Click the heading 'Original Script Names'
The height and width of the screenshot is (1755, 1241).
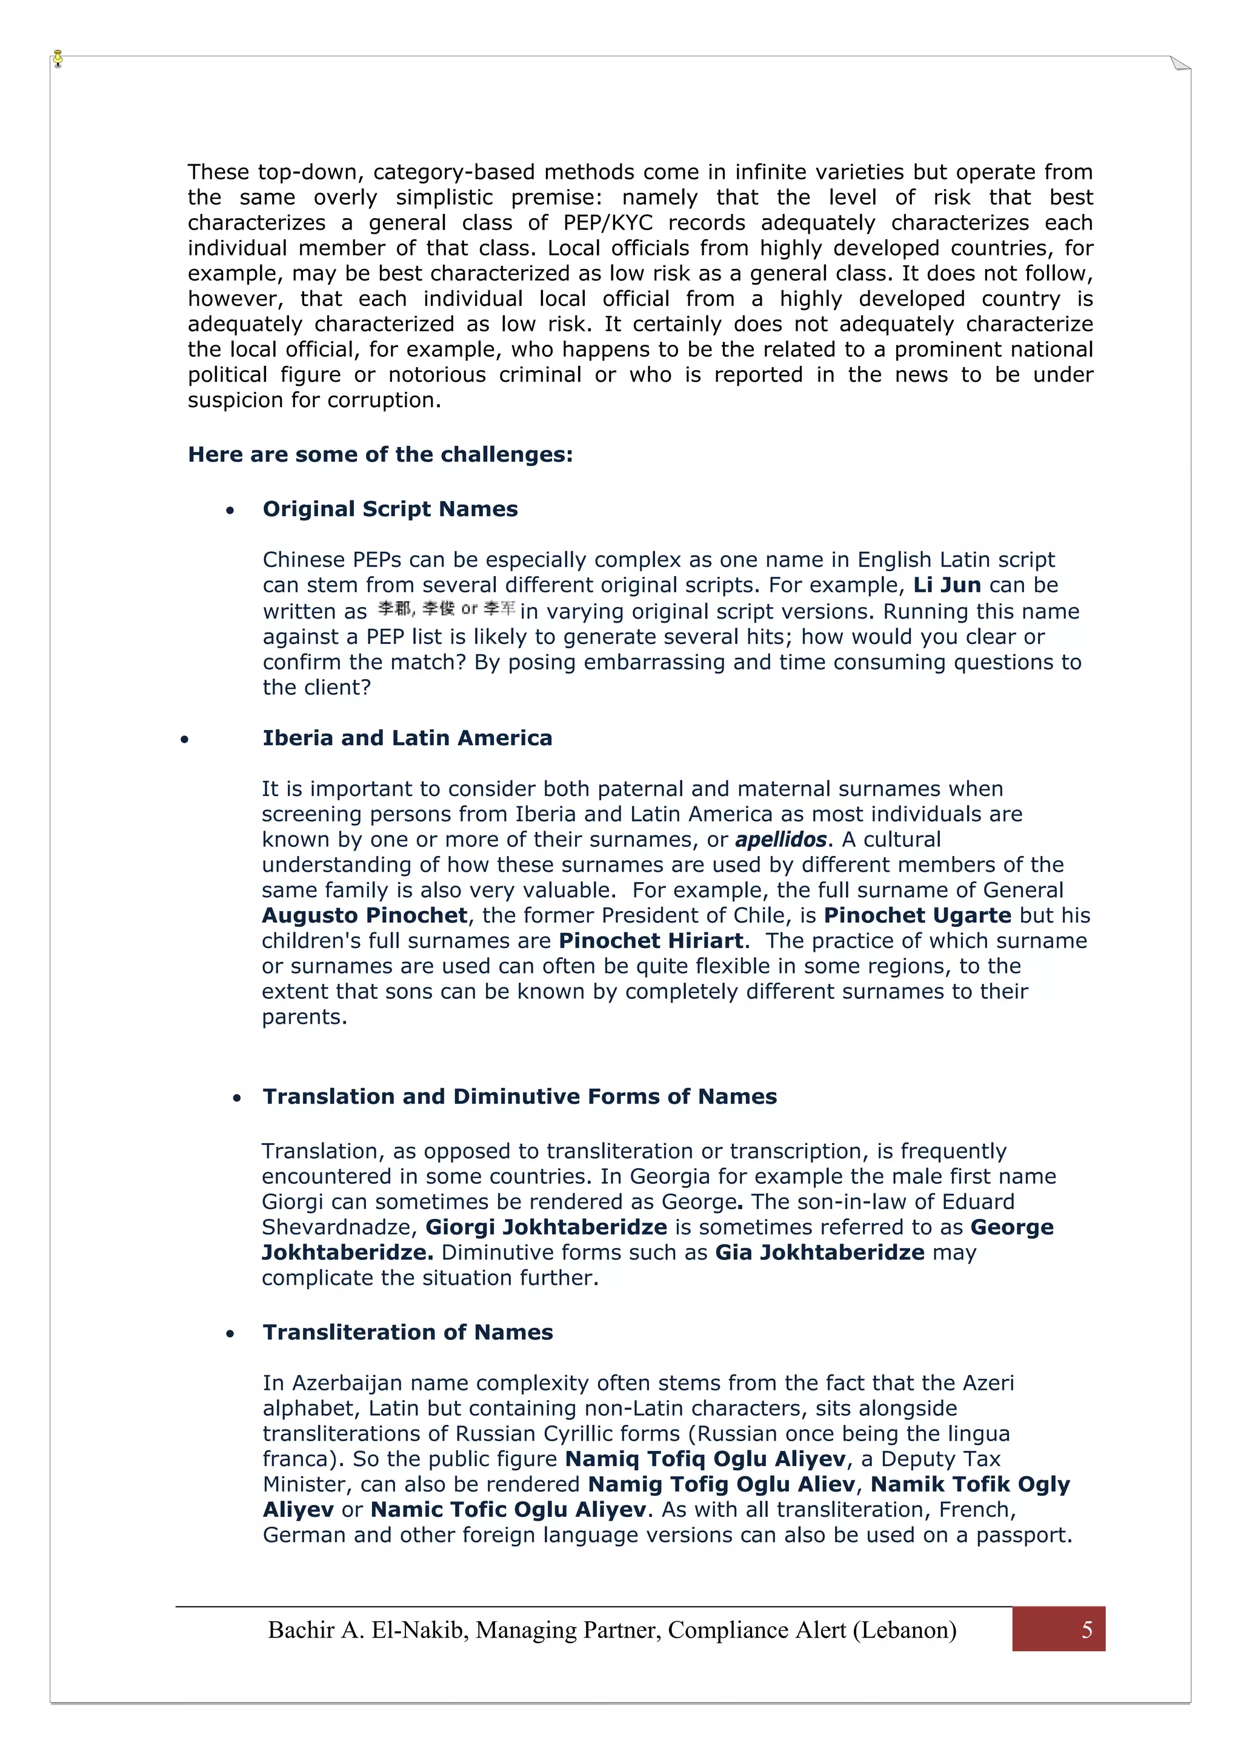pyautogui.click(x=390, y=509)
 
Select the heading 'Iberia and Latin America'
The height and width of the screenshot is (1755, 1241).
pyautogui.click(x=407, y=738)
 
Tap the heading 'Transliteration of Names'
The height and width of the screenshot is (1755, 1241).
pyautogui.click(x=408, y=1332)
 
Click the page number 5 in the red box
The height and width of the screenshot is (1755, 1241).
pyautogui.click(x=1086, y=1630)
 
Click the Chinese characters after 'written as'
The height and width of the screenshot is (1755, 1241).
pyautogui.click(x=447, y=609)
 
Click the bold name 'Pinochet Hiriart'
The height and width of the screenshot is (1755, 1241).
pyautogui.click(x=651, y=940)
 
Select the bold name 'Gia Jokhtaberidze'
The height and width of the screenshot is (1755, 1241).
pyautogui.click(x=820, y=1252)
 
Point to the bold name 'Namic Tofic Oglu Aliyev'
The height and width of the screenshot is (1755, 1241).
pyautogui.click(x=508, y=1510)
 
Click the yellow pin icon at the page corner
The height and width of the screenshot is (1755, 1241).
pyautogui.click(x=58, y=58)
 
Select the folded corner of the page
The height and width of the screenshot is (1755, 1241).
pyautogui.click(x=1180, y=64)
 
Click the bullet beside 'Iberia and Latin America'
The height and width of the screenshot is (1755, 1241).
pyautogui.click(x=184, y=739)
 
